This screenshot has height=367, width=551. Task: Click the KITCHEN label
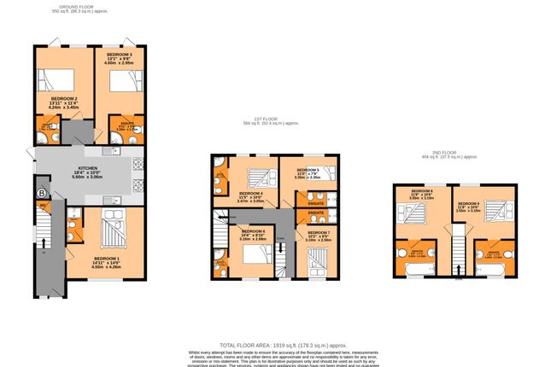tap(89, 170)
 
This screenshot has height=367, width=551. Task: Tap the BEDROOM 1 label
tap(106, 261)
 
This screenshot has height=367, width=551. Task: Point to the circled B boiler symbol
tap(40, 193)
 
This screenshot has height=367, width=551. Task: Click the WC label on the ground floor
tap(42, 206)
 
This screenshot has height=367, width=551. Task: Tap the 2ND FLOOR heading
tap(448, 155)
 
